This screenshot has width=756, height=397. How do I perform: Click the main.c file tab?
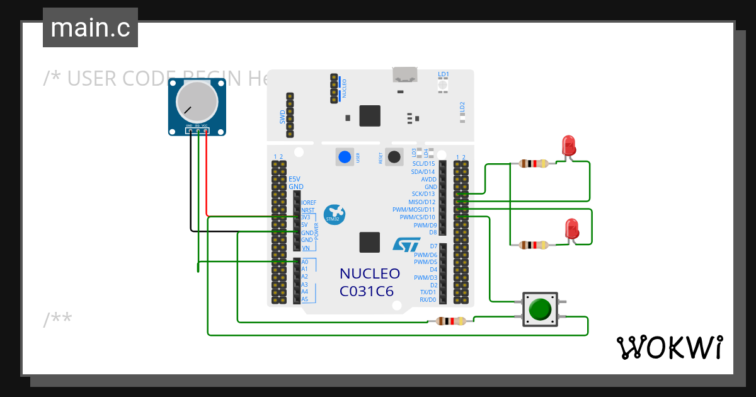pyautogui.click(x=90, y=28)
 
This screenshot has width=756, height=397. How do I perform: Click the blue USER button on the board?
pyautogui.click(x=344, y=157)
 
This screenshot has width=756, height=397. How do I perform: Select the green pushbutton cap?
pyautogui.click(x=540, y=309)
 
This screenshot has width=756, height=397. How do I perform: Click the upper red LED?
pyautogui.click(x=568, y=146)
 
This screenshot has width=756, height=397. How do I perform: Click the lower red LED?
pyautogui.click(x=571, y=229)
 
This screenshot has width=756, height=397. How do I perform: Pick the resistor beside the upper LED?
pyautogui.click(x=534, y=164)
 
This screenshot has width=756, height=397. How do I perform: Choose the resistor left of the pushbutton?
pyautogui.click(x=450, y=321)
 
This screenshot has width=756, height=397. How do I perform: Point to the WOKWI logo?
pyautogui.click(x=669, y=347)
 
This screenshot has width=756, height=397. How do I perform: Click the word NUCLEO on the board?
pyautogui.click(x=369, y=273)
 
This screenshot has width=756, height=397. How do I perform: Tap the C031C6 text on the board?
pyautogui.click(x=366, y=291)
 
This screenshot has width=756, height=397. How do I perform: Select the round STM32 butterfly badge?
pyautogui.click(x=335, y=214)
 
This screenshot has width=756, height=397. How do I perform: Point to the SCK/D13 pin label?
pyautogui.click(x=423, y=194)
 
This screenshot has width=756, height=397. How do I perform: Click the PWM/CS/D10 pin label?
pyautogui.click(x=417, y=217)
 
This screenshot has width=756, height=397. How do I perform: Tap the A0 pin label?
pyautogui.click(x=304, y=262)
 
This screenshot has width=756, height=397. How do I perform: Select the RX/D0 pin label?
pyautogui.click(x=428, y=300)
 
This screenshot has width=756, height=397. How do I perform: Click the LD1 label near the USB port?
pyautogui.click(x=444, y=74)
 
